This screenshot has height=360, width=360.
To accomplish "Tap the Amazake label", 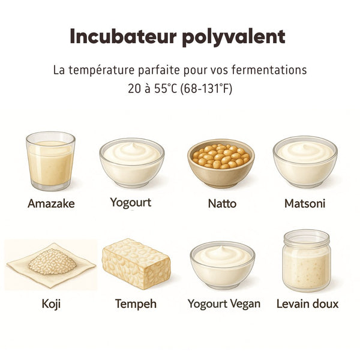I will pos(51,203).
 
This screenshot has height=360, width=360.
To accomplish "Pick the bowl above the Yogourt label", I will pos(132,162).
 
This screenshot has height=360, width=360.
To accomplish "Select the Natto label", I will pos(222,203).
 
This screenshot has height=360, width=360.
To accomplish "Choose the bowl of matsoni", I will pos(305,162).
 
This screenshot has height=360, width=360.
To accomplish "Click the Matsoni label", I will pos(305,203).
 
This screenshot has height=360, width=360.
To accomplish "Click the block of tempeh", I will pos(135,263).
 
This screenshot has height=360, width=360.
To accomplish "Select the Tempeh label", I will pos(136,304).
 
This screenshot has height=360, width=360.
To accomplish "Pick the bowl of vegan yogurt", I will pos(223,264).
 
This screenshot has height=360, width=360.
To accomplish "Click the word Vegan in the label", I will pos(245,304).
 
